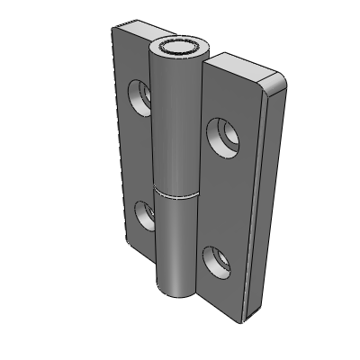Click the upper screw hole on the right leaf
pyautogui.click(x=222, y=137)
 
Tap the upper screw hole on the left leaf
pyautogui.click(x=139, y=94)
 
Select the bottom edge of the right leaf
pyautogui.click(x=220, y=309)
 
